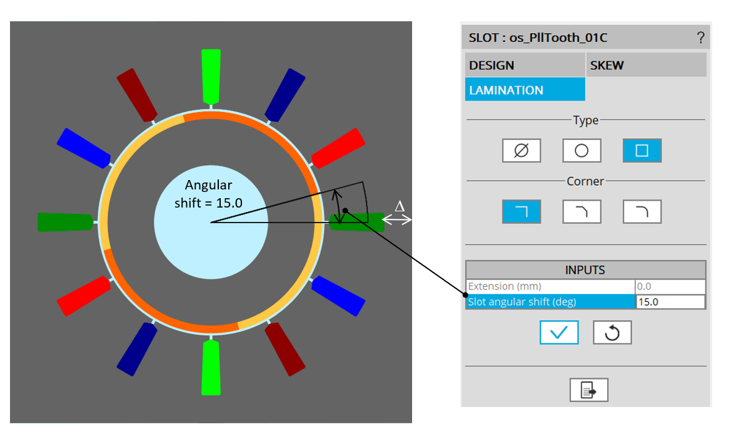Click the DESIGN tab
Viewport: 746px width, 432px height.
coord(525,65)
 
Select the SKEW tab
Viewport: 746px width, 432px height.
coord(646,65)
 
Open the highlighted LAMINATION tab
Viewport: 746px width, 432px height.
coord(525,90)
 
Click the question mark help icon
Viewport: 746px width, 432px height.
coord(700,38)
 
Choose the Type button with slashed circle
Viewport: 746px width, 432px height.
coord(521,151)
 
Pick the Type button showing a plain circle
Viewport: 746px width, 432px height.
coord(582,151)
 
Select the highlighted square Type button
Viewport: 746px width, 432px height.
coord(642,151)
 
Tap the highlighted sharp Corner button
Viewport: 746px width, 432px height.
coord(521,212)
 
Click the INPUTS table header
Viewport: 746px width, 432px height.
coord(585,270)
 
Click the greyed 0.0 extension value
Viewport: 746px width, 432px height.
coord(670,286)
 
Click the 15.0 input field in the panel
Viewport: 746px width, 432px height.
coord(670,302)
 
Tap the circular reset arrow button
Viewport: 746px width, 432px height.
coord(612,333)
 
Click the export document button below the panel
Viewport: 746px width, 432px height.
coord(588,390)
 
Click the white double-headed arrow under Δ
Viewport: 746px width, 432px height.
coord(398,219)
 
